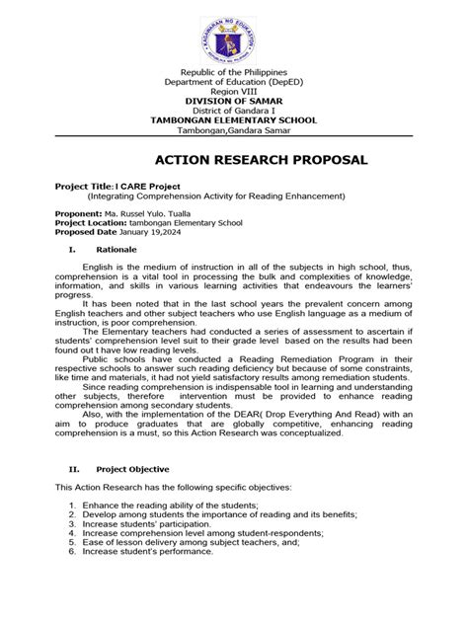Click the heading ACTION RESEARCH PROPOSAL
pyautogui.click(x=233, y=159)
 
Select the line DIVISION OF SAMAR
pyautogui.click(x=233, y=102)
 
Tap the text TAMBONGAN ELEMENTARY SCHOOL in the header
pyautogui.click(x=233, y=120)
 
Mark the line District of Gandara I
pyautogui.click(x=233, y=111)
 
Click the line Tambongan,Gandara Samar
pyautogui.click(x=233, y=130)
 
